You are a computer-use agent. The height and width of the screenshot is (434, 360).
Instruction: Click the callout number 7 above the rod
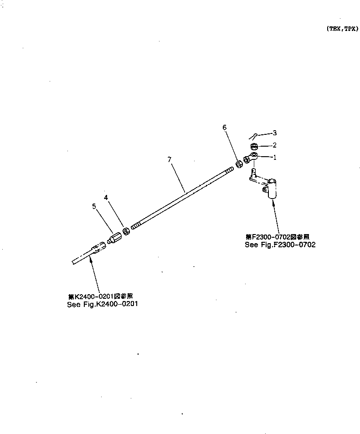click(169, 159)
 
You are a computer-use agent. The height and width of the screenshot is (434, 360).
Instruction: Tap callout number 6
click(224, 128)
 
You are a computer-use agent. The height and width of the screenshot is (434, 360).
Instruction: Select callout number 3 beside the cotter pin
click(274, 133)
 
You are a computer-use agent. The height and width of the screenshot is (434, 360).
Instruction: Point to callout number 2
click(274, 145)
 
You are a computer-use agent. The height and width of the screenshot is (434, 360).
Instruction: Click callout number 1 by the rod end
click(274, 158)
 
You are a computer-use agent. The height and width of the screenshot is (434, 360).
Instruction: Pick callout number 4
click(106, 198)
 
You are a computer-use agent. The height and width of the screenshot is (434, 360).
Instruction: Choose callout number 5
click(94, 206)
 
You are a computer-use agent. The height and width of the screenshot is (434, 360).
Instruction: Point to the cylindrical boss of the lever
click(273, 188)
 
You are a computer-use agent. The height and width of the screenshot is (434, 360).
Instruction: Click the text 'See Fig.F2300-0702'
click(280, 245)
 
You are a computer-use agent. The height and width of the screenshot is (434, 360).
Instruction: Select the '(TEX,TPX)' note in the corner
click(342, 28)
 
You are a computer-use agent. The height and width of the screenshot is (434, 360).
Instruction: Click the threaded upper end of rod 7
click(229, 169)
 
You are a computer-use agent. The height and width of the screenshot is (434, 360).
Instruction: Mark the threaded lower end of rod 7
click(135, 225)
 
